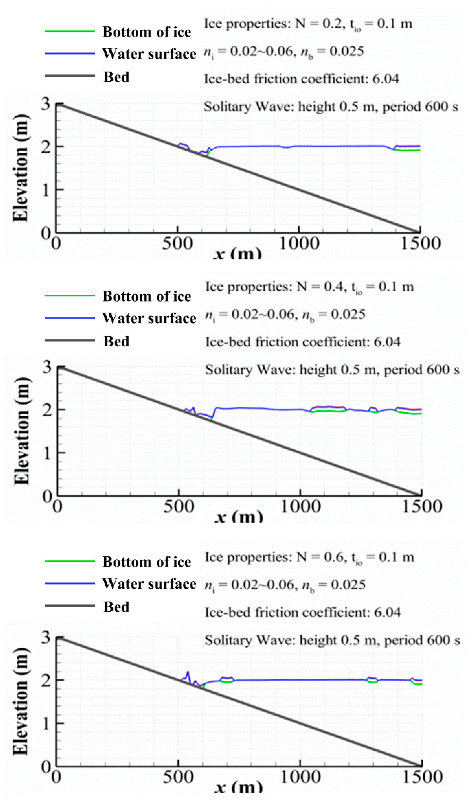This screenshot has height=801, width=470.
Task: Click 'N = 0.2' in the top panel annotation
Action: tap(320, 24)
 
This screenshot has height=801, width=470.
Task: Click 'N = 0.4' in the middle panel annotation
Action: tap(321, 287)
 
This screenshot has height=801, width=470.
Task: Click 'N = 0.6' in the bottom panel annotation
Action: tap(321, 557)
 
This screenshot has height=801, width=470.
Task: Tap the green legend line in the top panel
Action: tap(70, 31)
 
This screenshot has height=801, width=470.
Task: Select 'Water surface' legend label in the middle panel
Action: tap(149, 318)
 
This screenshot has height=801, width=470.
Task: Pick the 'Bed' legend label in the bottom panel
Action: tap(116, 607)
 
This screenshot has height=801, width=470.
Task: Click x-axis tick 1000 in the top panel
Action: tap(299, 244)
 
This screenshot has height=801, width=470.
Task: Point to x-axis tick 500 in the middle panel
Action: tap(179, 506)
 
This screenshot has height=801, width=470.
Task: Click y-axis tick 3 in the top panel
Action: tap(46, 104)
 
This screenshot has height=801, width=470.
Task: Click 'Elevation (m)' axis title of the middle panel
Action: tap(22, 431)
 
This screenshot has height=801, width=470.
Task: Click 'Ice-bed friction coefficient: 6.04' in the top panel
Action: tap(301, 79)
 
